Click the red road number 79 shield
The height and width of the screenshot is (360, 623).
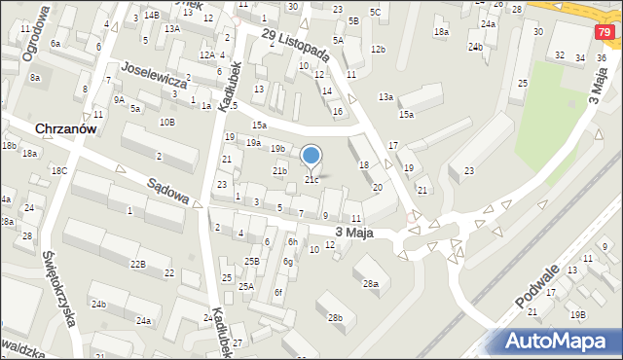(606, 34)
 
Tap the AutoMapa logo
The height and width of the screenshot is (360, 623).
(560, 341)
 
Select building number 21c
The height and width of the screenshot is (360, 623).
(311, 179)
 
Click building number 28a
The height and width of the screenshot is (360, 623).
(371, 283)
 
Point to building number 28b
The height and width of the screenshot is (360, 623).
(335, 317)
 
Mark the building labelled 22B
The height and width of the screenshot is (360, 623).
(138, 264)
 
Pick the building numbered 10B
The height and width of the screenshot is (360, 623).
(167, 122)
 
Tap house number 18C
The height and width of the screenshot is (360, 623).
(59, 170)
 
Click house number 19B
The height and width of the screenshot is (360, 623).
(578, 314)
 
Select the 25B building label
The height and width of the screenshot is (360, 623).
(251, 261)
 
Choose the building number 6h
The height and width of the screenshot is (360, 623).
(292, 241)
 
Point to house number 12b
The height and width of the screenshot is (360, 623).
(378, 49)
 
